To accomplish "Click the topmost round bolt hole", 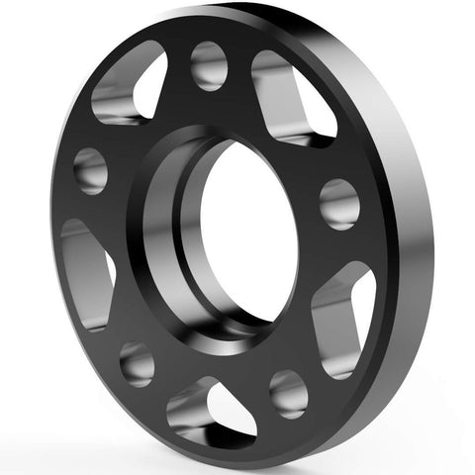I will (209, 65).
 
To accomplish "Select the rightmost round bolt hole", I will (339, 203).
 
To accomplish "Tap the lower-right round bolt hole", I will (288, 392).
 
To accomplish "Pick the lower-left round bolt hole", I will (137, 363).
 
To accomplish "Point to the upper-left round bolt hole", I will (90, 169).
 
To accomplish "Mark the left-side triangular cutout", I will (87, 272).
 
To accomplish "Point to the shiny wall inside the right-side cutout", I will (332, 317).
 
